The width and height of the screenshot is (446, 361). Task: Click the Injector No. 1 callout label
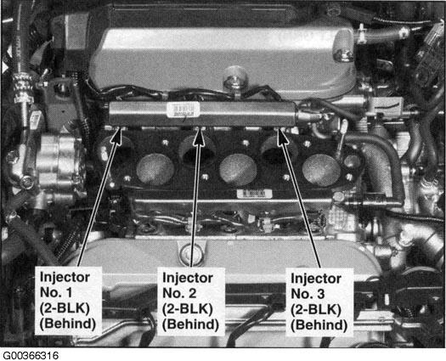point(68,301)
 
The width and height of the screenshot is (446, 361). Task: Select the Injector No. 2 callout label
point(191,302)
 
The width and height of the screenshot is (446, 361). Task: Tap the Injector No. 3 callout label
point(319,302)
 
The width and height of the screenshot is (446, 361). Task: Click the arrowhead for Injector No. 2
point(199,136)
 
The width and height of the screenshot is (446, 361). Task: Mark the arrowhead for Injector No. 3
point(281,136)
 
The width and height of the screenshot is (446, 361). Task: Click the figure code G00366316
point(30,356)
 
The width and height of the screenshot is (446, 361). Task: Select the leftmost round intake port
point(155,170)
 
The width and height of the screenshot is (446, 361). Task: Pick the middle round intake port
point(238,170)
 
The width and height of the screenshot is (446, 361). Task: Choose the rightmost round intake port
point(321,170)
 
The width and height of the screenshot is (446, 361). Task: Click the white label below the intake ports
point(255,194)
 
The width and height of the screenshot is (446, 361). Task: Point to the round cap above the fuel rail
point(235,76)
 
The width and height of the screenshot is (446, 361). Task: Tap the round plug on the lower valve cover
point(191,252)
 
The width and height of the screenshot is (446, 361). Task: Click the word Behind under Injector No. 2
point(190,324)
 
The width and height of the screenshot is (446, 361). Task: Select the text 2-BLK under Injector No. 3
point(316,309)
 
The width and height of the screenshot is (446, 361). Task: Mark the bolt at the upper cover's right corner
point(342,55)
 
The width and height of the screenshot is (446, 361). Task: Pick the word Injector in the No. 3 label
point(316,279)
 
